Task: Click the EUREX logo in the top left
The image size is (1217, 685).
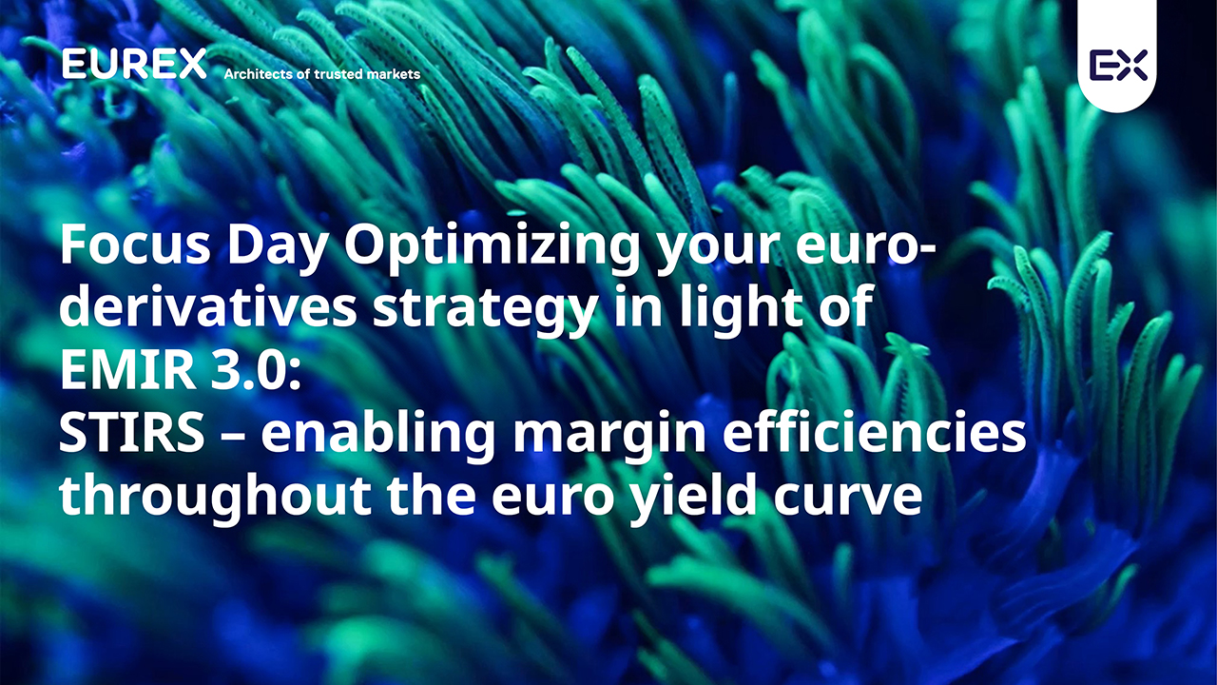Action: coord(134,64)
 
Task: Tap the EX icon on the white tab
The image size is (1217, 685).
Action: coord(1118,65)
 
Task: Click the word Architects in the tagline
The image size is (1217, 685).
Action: coord(259,74)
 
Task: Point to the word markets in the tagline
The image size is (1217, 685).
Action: coord(394,74)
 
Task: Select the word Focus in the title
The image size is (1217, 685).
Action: coord(135,245)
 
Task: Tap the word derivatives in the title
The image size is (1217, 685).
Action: coord(207,306)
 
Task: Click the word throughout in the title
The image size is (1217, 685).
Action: coord(215,498)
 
